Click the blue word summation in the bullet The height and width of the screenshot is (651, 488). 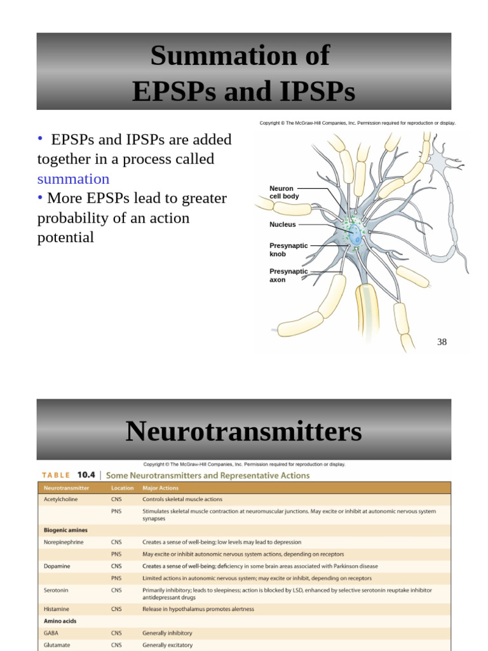pos(73,179)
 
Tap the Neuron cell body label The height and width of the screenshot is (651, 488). pos(283,193)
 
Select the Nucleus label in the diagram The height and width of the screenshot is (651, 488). pos(282,224)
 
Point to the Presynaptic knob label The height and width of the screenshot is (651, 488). pos(288,250)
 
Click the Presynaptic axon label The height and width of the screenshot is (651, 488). pos(288,275)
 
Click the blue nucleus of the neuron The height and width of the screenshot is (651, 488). pos(357,238)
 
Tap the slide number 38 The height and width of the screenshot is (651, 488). pos(442,342)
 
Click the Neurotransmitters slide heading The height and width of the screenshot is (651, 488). pos(243,431)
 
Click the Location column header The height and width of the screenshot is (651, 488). pos(122,488)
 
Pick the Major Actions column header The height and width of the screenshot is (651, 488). pos(160,488)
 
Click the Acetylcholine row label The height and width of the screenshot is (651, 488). pos(61,500)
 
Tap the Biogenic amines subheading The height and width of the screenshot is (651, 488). pos(65,530)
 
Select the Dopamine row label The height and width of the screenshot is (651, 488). pos(57,566)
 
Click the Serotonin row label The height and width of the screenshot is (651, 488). pos(56,590)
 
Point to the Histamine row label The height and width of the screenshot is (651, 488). pos(57,609)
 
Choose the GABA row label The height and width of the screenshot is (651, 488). pos(51,633)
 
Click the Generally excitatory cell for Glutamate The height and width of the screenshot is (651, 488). pos(167,645)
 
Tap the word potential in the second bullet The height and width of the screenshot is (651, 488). pos(65,238)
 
